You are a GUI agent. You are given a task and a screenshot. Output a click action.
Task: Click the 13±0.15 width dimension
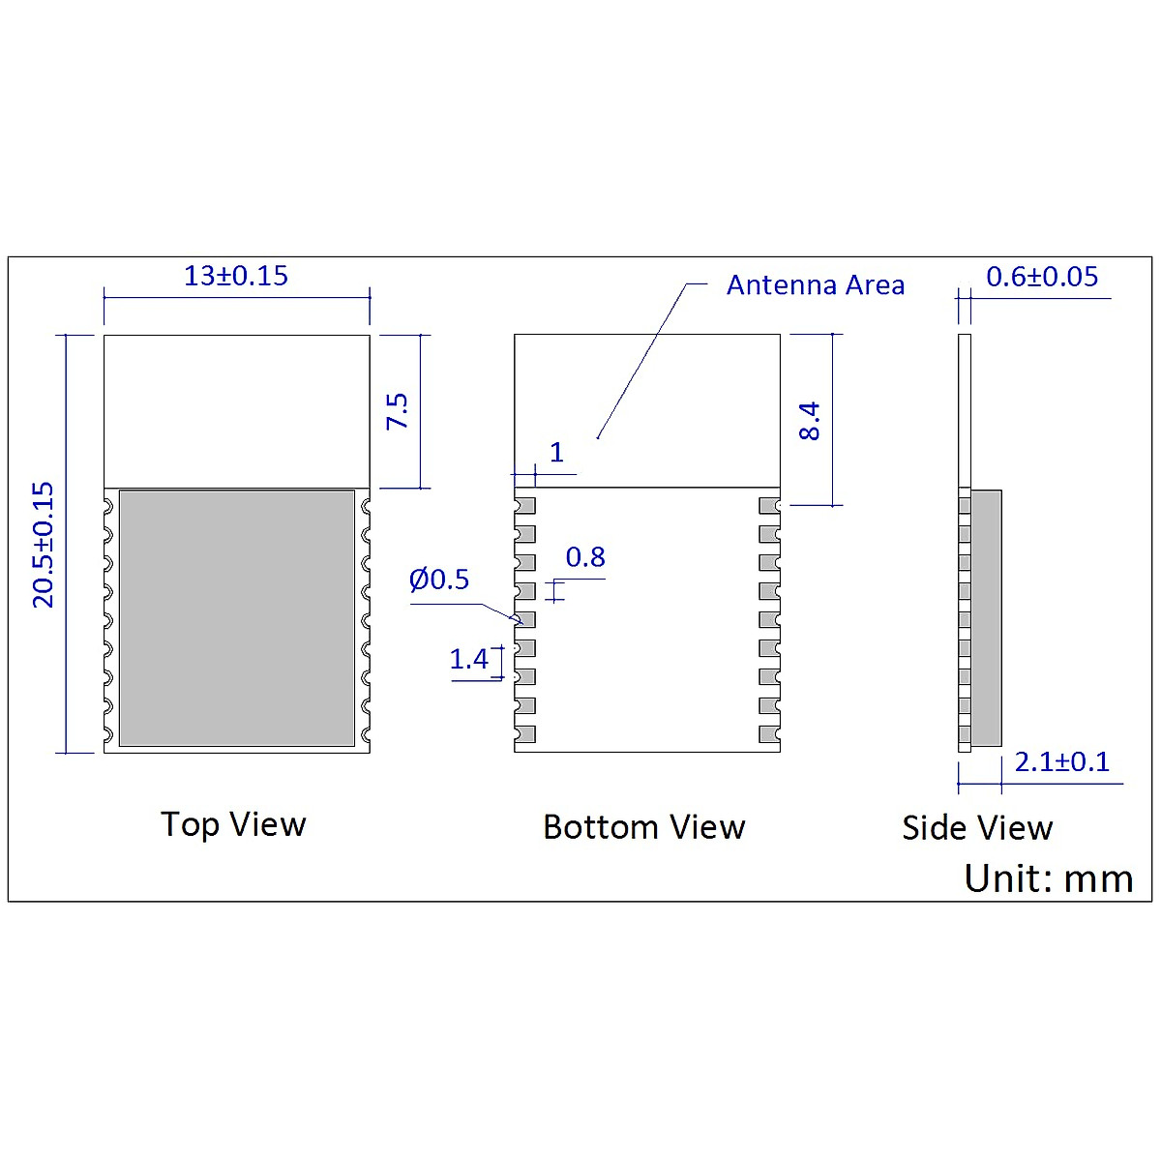click(236, 276)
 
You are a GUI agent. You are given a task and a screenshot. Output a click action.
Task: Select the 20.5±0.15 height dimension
click(44, 545)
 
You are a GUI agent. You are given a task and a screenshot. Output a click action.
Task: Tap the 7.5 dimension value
click(398, 411)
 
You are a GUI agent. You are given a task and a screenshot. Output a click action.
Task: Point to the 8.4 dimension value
click(810, 421)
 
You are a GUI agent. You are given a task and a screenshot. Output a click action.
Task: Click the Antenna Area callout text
click(815, 285)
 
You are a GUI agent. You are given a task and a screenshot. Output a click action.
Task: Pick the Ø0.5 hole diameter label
click(438, 580)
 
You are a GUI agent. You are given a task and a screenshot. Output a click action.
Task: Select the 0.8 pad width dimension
click(585, 557)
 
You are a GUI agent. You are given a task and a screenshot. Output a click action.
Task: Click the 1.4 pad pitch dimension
click(468, 660)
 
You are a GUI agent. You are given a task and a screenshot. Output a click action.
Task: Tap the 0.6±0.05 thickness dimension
click(1042, 277)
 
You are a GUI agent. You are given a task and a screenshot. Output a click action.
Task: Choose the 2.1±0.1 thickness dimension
click(1061, 762)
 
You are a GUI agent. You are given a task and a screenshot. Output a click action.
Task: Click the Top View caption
click(233, 824)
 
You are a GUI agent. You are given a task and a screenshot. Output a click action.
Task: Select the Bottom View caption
click(643, 827)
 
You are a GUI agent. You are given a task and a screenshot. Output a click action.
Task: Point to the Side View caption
click(976, 828)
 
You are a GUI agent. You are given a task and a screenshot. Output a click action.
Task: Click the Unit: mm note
click(1048, 878)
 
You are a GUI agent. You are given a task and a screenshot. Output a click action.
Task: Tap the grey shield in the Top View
click(236, 617)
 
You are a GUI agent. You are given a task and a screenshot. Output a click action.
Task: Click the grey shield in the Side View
click(986, 617)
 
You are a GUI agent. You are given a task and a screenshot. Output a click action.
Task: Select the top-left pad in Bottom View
click(525, 505)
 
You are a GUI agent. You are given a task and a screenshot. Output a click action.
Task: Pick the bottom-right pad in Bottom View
click(769, 734)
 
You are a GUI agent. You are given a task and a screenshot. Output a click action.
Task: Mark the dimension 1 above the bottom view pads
click(556, 452)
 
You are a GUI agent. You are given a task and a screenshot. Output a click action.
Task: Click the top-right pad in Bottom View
click(769, 505)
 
